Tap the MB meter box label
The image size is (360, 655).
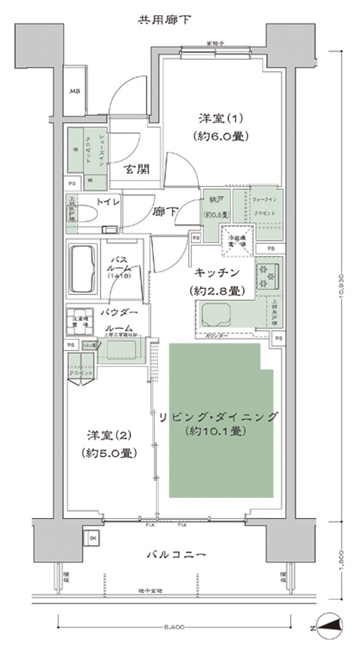tap(75, 92)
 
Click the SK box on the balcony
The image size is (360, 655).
tap(93, 538)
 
